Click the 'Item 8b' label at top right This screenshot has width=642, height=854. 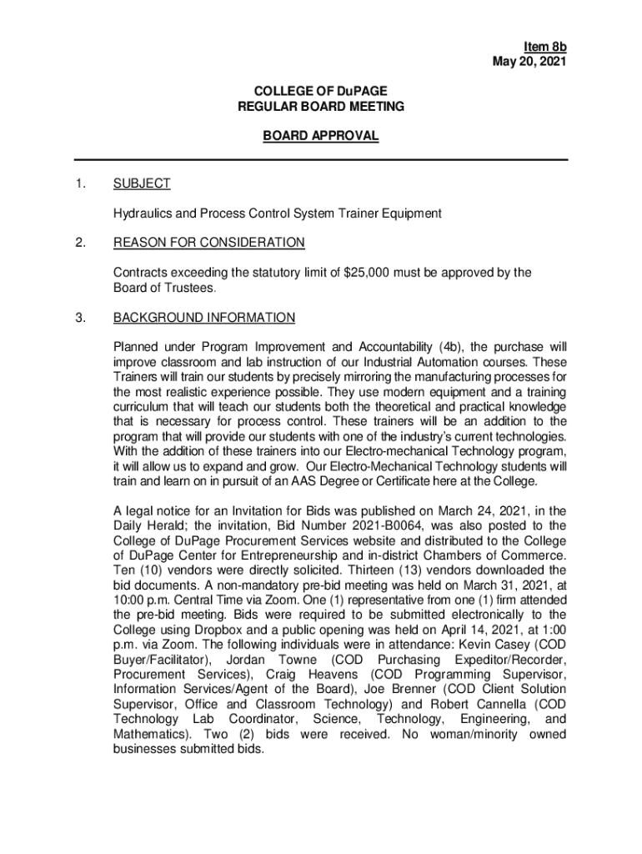[x=545, y=47]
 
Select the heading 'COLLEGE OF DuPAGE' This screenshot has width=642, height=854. [x=321, y=91]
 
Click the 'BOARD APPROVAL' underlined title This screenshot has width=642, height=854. [x=321, y=136]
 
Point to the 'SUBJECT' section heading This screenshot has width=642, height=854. [x=142, y=183]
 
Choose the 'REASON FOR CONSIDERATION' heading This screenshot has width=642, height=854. [x=208, y=243]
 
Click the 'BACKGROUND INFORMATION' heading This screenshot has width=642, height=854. [x=203, y=318]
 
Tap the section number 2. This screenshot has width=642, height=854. [x=80, y=243]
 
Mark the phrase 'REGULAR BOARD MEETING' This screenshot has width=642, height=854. [x=321, y=107]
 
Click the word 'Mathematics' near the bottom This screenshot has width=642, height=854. [x=147, y=735]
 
